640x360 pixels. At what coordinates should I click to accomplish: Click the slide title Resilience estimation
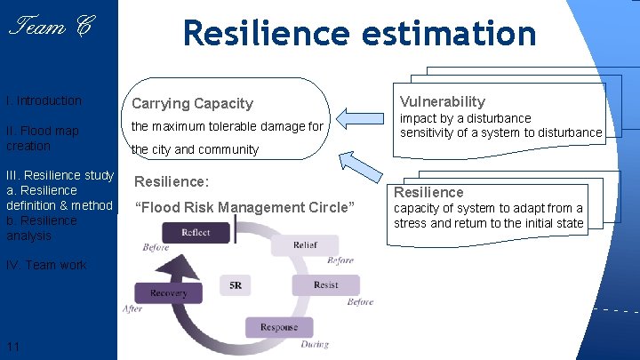point(359,34)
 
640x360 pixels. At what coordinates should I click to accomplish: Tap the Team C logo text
point(50,28)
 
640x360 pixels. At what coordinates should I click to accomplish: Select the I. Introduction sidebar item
point(44,100)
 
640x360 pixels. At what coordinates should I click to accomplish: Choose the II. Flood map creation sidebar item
point(42,138)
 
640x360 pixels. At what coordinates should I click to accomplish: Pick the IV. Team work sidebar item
point(46,265)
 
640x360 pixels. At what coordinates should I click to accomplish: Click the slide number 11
point(13,346)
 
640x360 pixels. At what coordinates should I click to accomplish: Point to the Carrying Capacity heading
point(192,104)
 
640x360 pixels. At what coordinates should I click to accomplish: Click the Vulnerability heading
point(442,101)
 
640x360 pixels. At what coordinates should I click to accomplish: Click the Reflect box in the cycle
point(195,233)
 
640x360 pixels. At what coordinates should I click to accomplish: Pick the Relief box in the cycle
point(305,245)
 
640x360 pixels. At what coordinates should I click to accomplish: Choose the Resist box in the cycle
point(325,285)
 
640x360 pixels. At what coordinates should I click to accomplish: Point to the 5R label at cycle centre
point(236,285)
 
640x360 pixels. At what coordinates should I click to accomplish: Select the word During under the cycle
point(314,344)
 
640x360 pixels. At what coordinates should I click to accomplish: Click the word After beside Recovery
point(132,308)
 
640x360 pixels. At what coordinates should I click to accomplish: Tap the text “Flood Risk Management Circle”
point(244,208)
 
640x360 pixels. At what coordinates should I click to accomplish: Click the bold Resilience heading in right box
point(428,192)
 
